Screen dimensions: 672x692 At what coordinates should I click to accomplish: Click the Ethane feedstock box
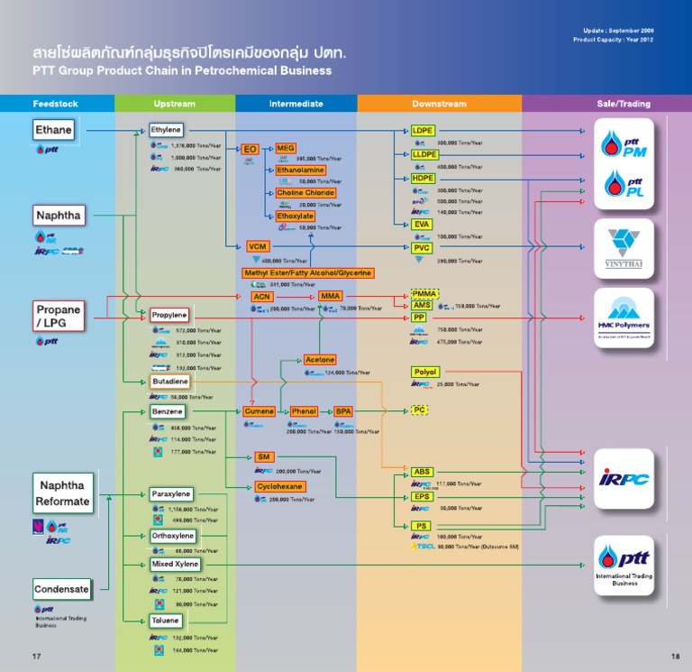53,130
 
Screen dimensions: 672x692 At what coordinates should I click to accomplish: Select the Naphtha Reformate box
63,493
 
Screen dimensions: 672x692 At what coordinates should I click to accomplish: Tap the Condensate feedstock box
62,590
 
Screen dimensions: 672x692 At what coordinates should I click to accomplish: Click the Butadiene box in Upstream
170,382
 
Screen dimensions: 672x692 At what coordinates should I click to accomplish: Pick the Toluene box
166,621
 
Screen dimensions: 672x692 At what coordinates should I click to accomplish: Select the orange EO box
250,149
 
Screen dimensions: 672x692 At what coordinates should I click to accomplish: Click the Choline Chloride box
305,193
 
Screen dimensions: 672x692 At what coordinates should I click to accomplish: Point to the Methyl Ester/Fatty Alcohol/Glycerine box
307,272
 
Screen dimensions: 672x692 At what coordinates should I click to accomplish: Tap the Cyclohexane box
280,486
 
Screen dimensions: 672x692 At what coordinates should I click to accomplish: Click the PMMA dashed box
423,294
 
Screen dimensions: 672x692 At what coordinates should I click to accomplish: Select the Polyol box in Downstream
424,372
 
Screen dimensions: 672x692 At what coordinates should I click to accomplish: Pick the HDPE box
423,179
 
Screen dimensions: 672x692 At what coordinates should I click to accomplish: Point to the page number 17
37,655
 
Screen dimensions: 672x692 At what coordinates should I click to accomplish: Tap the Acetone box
320,360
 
